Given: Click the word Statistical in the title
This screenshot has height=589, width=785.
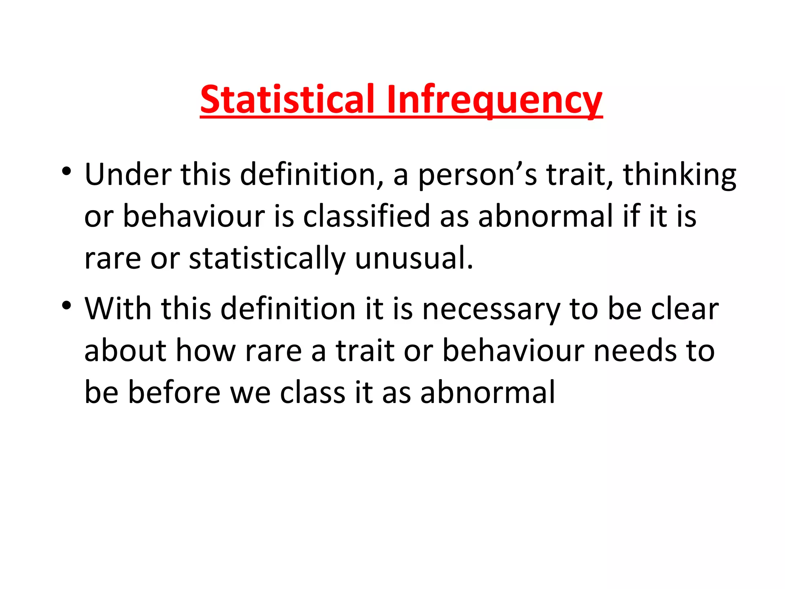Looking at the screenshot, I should pyautogui.click(x=287, y=99).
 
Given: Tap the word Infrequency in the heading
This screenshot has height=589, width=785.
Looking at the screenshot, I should pyautogui.click(x=494, y=99).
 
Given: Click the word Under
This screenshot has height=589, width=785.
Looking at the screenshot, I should pyautogui.click(x=128, y=174).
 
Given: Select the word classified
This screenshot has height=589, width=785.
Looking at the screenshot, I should pyautogui.click(x=366, y=216).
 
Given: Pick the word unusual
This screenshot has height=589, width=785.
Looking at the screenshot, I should pyautogui.click(x=414, y=258).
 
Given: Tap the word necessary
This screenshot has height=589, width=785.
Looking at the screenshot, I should pyautogui.click(x=491, y=310).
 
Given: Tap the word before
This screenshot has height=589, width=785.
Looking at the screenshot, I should pyautogui.click(x=174, y=392).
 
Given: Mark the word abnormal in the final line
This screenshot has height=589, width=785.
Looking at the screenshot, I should pyautogui.click(x=488, y=392).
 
